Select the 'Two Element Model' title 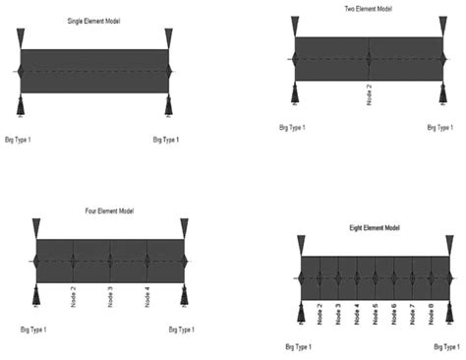pyautogui.click(x=368, y=9)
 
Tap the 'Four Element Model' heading pyautogui.click(x=109, y=211)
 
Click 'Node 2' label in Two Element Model pyautogui.click(x=370, y=98)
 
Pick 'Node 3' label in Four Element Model pyautogui.click(x=110, y=296)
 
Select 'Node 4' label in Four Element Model pyautogui.click(x=146, y=296)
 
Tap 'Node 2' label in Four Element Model pyautogui.click(x=74, y=296)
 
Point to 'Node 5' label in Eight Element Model pyautogui.click(x=376, y=314)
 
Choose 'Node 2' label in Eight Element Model pyautogui.click(x=320, y=314)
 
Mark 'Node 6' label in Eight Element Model pyautogui.click(x=394, y=314)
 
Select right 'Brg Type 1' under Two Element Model pyautogui.click(x=441, y=127)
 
